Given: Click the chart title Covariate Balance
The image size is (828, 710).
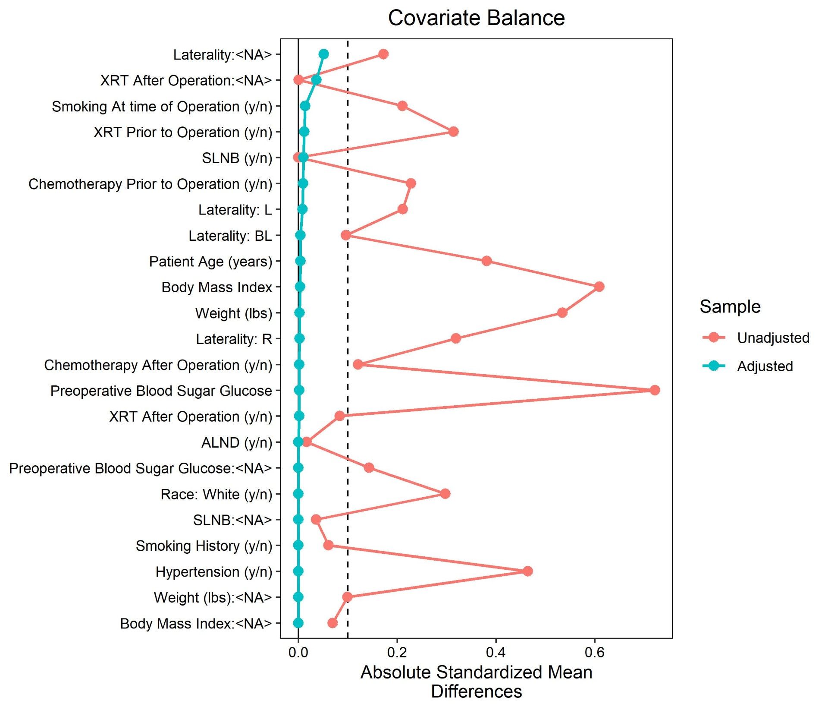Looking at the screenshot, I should point(476,18).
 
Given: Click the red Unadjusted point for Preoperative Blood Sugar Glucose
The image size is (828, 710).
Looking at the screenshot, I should point(655,390).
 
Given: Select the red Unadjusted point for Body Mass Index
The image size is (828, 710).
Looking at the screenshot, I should point(599,287).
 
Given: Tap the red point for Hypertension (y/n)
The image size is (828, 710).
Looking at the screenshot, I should point(527,571).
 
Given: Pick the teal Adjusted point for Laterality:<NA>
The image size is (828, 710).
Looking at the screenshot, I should point(324,54).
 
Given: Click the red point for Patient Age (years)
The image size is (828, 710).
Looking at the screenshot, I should point(486,261).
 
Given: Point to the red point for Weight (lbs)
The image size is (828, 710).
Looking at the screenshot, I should point(562,312).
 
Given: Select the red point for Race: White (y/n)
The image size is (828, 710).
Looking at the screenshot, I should point(445,493).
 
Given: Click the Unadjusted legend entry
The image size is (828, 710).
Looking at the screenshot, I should point(773,338).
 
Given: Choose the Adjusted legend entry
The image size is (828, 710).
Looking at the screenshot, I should point(765,366).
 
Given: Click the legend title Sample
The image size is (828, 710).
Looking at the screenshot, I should point(730,306).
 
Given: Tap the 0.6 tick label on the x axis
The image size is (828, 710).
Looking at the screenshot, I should point(594,652).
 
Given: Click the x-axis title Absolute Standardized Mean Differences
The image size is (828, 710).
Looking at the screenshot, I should point(476,682).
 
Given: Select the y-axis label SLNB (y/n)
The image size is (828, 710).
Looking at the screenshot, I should point(237,158).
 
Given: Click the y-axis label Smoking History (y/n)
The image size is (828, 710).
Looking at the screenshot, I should point(204,546).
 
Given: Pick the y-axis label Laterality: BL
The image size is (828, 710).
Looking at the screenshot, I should point(230,236).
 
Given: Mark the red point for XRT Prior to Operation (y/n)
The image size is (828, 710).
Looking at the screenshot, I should point(453,132).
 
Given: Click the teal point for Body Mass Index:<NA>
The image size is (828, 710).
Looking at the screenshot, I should point(298,623).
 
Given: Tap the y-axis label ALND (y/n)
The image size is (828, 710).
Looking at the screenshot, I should point(236,442).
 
